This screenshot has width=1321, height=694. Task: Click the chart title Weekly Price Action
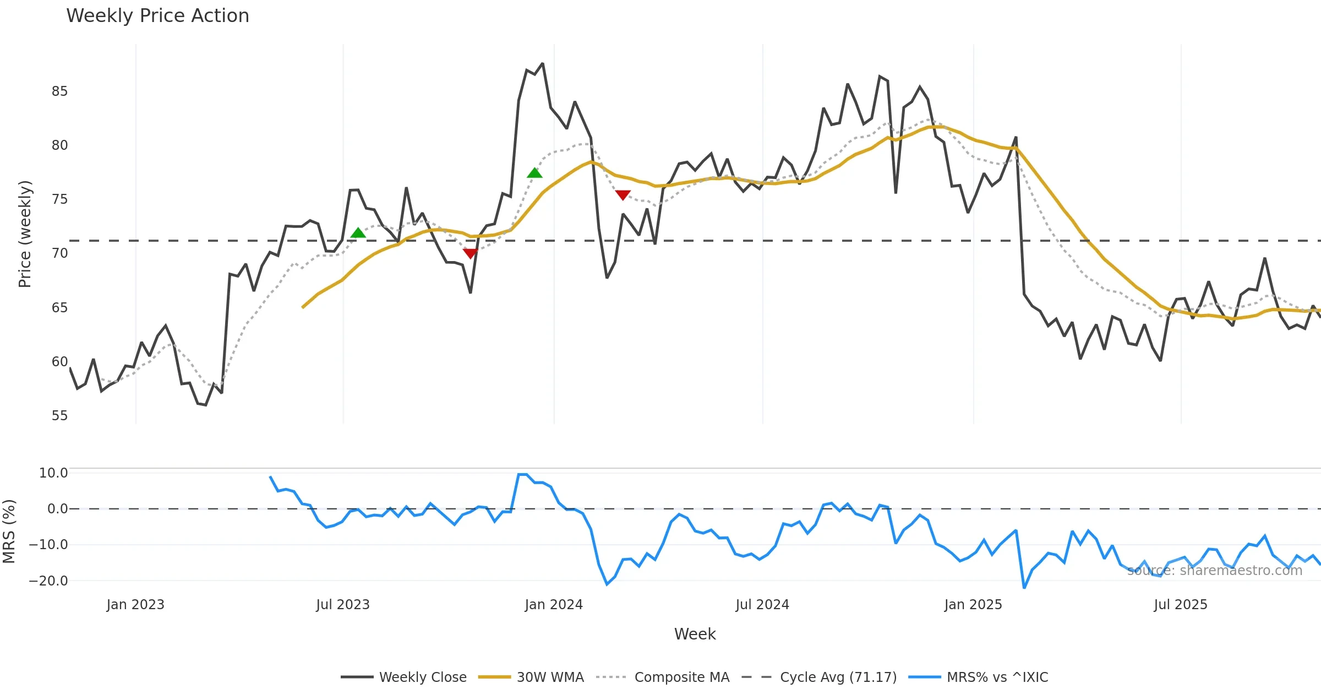click(157, 16)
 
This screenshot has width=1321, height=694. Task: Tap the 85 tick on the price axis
click(59, 91)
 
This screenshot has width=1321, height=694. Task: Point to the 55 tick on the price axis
click(59, 416)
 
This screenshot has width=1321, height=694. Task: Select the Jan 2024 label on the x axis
click(553, 605)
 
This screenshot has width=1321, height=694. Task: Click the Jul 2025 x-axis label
click(1180, 605)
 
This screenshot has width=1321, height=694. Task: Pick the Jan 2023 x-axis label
click(135, 605)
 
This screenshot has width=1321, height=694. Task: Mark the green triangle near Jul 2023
click(358, 233)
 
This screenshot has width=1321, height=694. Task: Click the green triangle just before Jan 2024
click(534, 173)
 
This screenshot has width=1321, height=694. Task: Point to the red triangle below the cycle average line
click(470, 253)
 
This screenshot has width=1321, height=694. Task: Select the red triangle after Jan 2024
click(623, 195)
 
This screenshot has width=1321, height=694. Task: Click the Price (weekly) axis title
click(25, 234)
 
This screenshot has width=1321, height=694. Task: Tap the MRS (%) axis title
click(9, 531)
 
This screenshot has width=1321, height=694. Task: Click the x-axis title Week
click(695, 635)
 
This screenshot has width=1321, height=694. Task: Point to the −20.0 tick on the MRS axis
click(48, 581)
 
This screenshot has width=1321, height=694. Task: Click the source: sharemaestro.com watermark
click(1214, 571)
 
